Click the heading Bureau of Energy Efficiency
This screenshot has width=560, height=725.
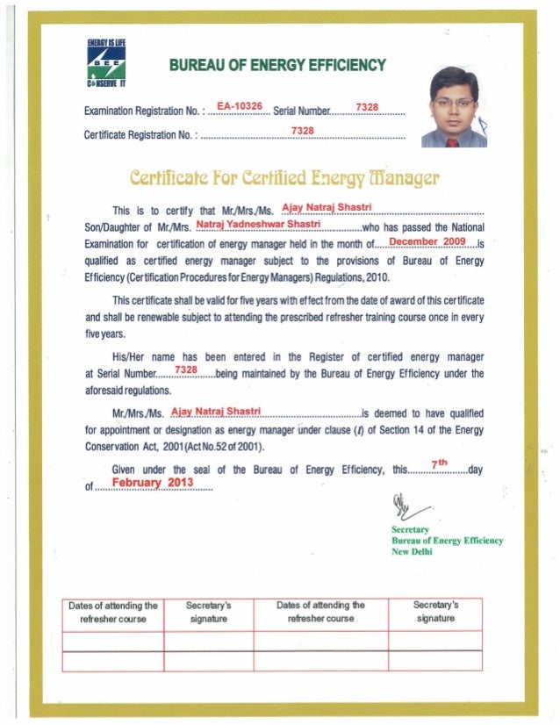click(x=276, y=65)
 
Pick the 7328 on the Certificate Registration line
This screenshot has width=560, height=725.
click(x=303, y=131)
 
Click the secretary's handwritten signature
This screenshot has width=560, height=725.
click(x=406, y=507)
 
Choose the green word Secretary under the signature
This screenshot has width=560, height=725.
click(x=410, y=530)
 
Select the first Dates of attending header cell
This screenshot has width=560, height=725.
click(x=114, y=612)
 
